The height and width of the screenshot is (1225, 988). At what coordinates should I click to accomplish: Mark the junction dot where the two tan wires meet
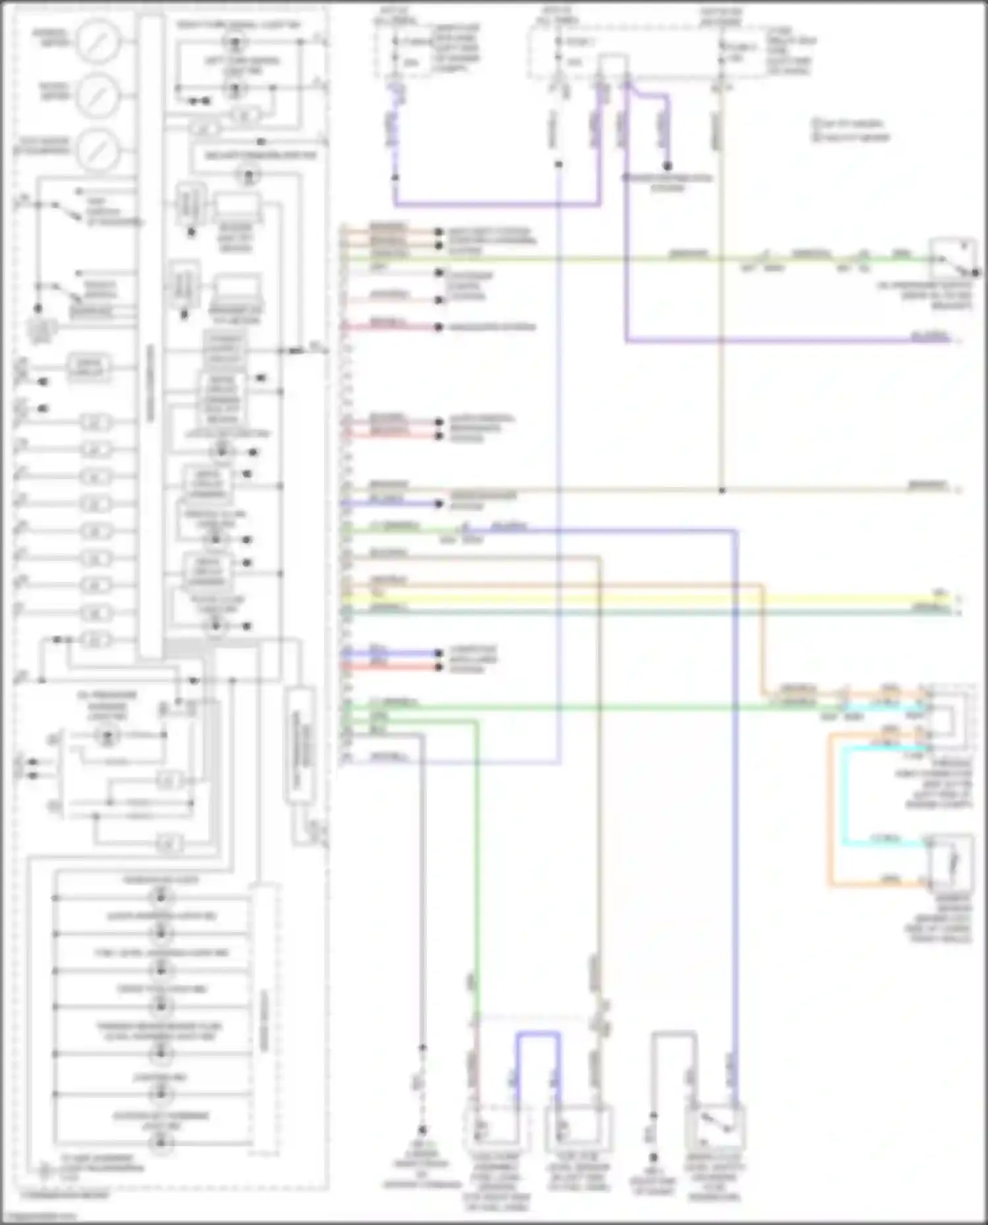pos(722,490)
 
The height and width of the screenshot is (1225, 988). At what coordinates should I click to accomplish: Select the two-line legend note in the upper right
pos(850,130)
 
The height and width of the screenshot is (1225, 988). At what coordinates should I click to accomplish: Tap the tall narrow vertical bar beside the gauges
pos(151,336)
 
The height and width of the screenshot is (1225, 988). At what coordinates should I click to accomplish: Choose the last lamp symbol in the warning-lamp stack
pos(160,1143)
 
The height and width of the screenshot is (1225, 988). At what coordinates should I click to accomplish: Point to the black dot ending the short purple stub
pos(667,166)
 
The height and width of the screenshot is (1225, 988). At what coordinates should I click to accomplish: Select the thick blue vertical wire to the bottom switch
pos(735,790)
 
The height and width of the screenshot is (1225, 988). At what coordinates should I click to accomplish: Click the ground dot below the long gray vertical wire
pos(422,1130)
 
